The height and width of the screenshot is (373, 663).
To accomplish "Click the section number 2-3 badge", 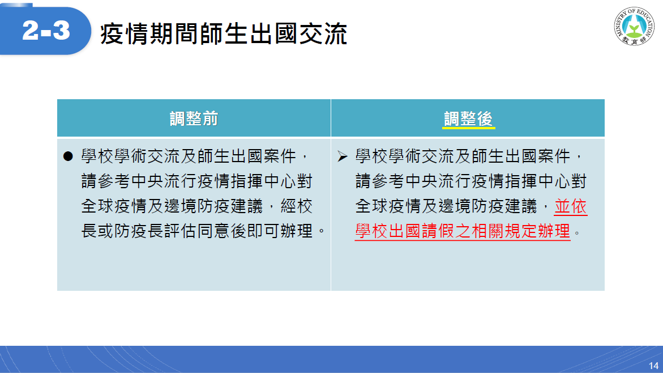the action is (x=46, y=30).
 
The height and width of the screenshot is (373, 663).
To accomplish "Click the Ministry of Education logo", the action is (x=634, y=26).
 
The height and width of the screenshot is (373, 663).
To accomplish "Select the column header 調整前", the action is (x=194, y=118).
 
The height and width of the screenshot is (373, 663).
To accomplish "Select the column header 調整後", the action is (x=468, y=118).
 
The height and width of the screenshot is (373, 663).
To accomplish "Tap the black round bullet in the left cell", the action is (x=68, y=156).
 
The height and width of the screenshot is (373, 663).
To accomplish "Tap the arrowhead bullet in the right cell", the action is (x=343, y=156).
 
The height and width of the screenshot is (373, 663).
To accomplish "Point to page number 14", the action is (x=653, y=366).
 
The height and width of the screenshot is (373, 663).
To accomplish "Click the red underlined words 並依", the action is (x=570, y=206).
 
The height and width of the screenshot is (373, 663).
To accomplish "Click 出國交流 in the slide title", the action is (x=298, y=34).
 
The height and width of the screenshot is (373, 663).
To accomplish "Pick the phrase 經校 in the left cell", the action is (x=297, y=206).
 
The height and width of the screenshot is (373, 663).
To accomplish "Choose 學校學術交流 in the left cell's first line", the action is (x=130, y=156).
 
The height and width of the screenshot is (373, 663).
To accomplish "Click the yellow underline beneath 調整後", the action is (x=468, y=127).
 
